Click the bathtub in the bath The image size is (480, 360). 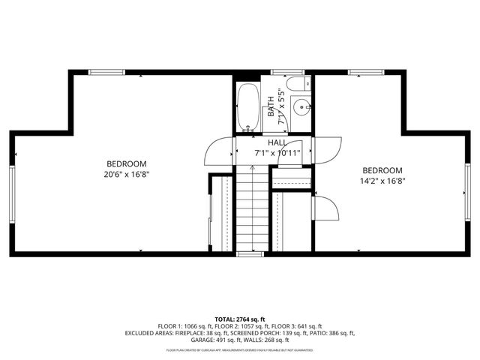point(248,106)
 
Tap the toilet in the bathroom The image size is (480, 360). point(298,83)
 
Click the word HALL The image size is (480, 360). point(277,142)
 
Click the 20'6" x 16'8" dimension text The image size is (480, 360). point(126,175)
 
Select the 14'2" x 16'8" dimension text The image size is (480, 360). point(382,181)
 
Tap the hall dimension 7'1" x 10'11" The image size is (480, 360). point(277,153)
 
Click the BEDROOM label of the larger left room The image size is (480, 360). point(126,163)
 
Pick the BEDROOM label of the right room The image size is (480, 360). point(382,170)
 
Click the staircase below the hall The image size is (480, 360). point(251,210)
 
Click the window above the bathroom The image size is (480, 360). point(282,72)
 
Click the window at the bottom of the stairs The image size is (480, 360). point(249,255)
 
